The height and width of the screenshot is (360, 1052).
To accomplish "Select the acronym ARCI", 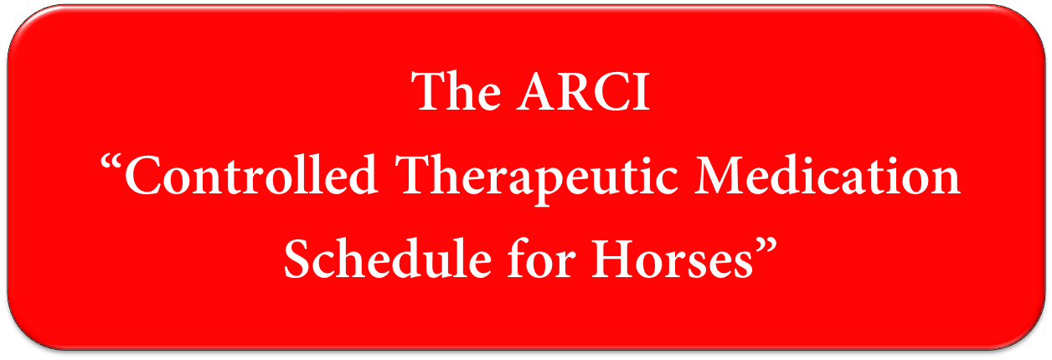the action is click(x=583, y=91).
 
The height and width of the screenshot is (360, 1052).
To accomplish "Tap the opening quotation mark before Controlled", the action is click(x=111, y=165).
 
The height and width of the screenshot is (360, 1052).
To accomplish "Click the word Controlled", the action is click(x=251, y=174).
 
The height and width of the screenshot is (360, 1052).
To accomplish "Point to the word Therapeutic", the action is click(x=537, y=179).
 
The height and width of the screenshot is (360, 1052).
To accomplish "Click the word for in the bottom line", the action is click(x=542, y=259).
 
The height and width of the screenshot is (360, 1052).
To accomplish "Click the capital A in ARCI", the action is click(x=537, y=91).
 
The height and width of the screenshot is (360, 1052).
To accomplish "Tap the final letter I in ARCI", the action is click(x=642, y=91).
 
